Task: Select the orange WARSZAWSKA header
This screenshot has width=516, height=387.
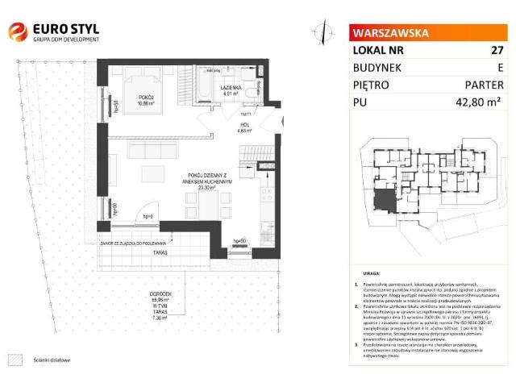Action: click(389, 33)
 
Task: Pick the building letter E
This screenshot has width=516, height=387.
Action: click(499, 67)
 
